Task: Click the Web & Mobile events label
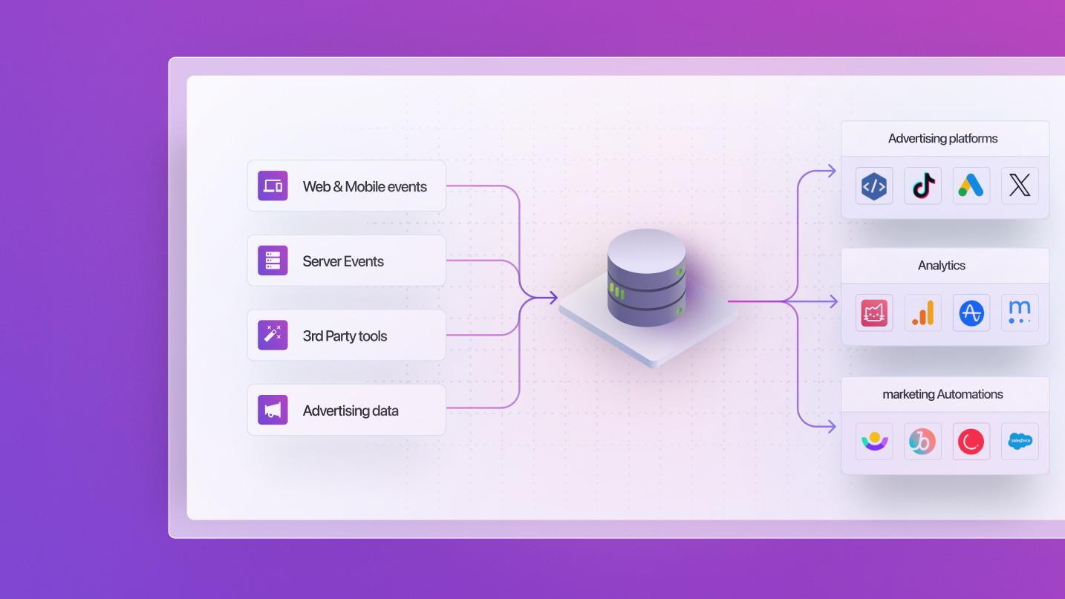tap(365, 187)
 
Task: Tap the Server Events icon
tap(273, 261)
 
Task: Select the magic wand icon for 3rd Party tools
tap(273, 335)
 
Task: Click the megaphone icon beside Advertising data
tap(273, 410)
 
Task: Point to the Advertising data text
tap(351, 411)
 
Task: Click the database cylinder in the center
tap(646, 278)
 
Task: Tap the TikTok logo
tap(923, 186)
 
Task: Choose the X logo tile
tap(1020, 186)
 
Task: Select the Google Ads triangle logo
tap(971, 186)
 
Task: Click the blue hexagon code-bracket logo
tap(874, 186)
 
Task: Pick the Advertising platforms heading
tap(942, 139)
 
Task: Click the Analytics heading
tap(942, 266)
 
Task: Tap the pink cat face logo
tap(874, 312)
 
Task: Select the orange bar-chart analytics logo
tap(923, 312)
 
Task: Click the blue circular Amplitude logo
tap(971, 312)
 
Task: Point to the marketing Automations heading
tap(942, 395)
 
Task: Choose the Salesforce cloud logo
tap(1020, 442)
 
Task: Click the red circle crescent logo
tap(971, 442)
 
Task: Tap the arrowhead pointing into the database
tap(553, 298)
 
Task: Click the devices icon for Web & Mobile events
tap(273, 186)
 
